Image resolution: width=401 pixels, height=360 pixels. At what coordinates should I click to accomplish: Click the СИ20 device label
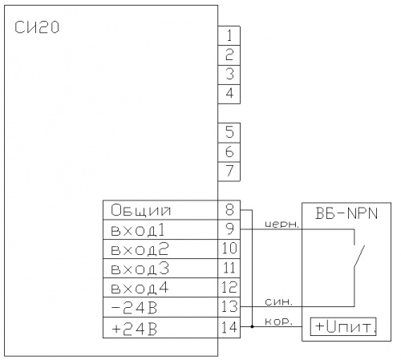(37, 27)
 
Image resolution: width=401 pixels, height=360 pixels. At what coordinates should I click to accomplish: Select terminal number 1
(229, 35)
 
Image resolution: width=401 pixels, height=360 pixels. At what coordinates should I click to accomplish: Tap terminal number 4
(229, 94)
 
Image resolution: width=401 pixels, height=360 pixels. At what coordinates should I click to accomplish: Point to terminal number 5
(229, 132)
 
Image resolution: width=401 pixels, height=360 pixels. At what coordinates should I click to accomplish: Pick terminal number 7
(229, 171)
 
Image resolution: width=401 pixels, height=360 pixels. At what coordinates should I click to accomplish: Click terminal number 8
(229, 209)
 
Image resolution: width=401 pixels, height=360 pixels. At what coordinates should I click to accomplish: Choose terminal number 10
(229, 249)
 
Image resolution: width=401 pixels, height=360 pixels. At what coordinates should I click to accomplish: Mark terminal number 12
(229, 287)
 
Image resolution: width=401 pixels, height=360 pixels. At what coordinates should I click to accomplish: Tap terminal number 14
(229, 327)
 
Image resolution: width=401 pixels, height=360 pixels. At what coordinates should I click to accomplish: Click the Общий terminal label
(140, 210)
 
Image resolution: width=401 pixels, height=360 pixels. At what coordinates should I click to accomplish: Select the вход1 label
(138, 230)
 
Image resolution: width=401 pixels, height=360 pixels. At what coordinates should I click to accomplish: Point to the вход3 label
(140, 269)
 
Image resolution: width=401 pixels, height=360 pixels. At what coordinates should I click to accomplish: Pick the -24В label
(134, 308)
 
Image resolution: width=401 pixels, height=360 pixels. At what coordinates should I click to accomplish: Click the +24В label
(135, 329)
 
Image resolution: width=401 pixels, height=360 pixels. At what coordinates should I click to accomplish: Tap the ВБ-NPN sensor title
(346, 213)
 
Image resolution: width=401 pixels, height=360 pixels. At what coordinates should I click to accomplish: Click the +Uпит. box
(343, 326)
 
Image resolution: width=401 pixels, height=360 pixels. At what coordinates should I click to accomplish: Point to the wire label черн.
(282, 224)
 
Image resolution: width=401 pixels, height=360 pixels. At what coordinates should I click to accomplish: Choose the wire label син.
(278, 301)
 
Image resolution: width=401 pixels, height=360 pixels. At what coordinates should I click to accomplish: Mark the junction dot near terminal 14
(252, 326)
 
